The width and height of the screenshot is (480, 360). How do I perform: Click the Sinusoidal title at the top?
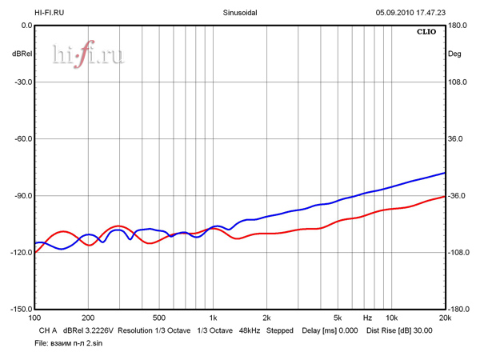(240, 13)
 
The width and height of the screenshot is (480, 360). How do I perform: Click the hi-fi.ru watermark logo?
(88, 54)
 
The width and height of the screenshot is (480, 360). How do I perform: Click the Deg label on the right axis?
(454, 54)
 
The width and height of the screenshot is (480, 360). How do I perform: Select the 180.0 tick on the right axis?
(458, 26)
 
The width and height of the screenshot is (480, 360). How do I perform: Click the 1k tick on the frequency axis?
(213, 318)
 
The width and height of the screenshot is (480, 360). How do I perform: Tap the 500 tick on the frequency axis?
(159, 318)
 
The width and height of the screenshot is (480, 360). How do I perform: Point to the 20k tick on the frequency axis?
(445, 318)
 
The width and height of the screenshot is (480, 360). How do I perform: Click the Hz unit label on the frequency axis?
(367, 318)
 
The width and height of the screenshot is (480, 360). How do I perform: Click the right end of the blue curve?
(445, 173)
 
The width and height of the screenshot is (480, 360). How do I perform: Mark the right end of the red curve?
(445, 197)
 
